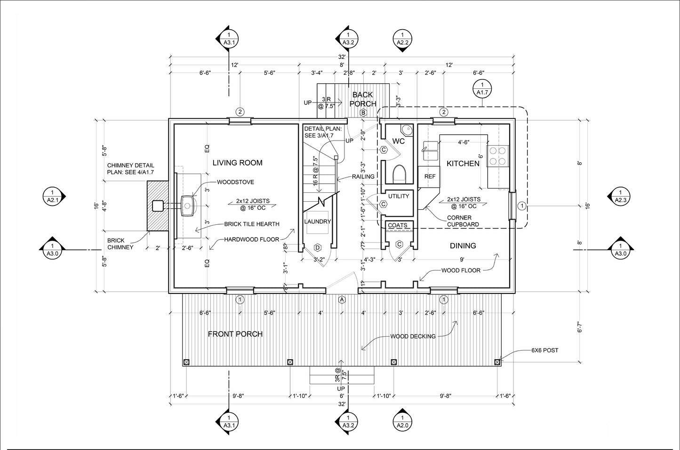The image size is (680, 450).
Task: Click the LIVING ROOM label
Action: tap(237, 163)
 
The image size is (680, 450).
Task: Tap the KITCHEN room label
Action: tap(463, 164)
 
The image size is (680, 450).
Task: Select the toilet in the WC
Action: tap(399, 174)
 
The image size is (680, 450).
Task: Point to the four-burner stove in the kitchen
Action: tap(498, 156)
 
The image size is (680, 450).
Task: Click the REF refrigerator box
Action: tap(429, 177)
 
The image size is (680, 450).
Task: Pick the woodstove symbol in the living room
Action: tap(188, 206)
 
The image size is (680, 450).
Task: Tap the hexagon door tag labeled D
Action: tap(318, 248)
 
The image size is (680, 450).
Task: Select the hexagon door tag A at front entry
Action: tap(342, 300)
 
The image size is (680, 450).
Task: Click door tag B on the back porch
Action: tap(363, 113)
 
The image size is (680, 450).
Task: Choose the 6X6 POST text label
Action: tap(544, 350)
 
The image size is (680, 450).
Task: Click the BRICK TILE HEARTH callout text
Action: tap(252, 224)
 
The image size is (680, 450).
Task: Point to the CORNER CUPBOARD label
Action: tap(463, 221)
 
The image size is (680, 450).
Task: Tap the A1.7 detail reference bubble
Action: tap(482, 88)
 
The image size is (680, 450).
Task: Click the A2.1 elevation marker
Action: tap(53, 196)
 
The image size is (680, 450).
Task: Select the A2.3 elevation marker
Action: tap(620, 196)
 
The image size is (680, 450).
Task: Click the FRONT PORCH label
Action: tap(235, 334)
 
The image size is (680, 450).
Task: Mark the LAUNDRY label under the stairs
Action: tap(318, 221)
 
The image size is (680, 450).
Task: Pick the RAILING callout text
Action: tap(363, 176)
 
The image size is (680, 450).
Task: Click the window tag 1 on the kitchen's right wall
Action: tap(522, 206)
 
